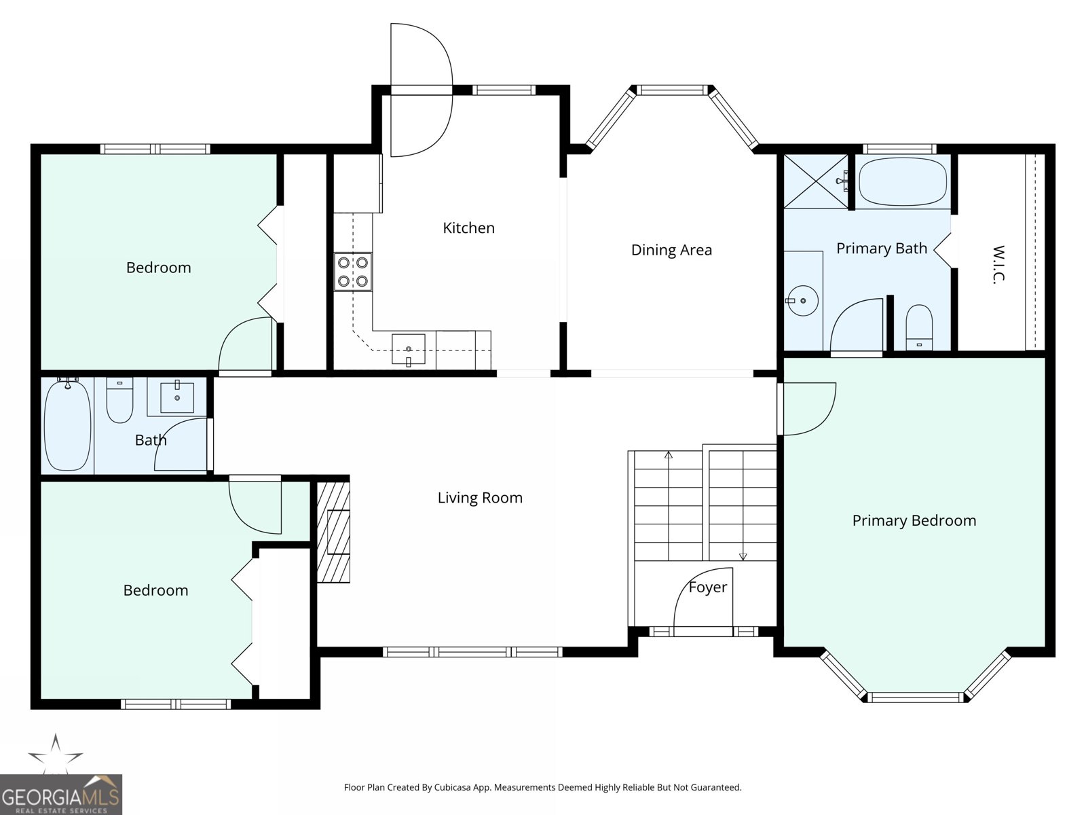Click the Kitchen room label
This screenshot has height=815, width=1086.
[468, 228]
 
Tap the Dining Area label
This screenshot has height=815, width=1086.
[671, 250]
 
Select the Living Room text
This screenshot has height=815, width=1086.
[480, 497]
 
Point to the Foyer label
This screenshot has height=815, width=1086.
[708, 587]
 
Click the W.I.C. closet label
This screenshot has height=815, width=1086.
[998, 264]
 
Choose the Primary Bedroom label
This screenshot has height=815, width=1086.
[914, 520]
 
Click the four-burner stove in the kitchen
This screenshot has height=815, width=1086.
[353, 272]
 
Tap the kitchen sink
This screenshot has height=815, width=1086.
[408, 349]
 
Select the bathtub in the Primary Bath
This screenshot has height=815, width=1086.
[903, 181]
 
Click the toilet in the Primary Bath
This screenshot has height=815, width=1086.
[919, 327]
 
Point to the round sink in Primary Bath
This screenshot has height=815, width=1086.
[802, 300]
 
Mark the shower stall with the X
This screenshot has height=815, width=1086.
[816, 181]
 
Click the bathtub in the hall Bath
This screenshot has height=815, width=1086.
[68, 424]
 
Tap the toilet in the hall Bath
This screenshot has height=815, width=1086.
[119, 400]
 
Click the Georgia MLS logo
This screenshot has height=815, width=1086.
[60, 794]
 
